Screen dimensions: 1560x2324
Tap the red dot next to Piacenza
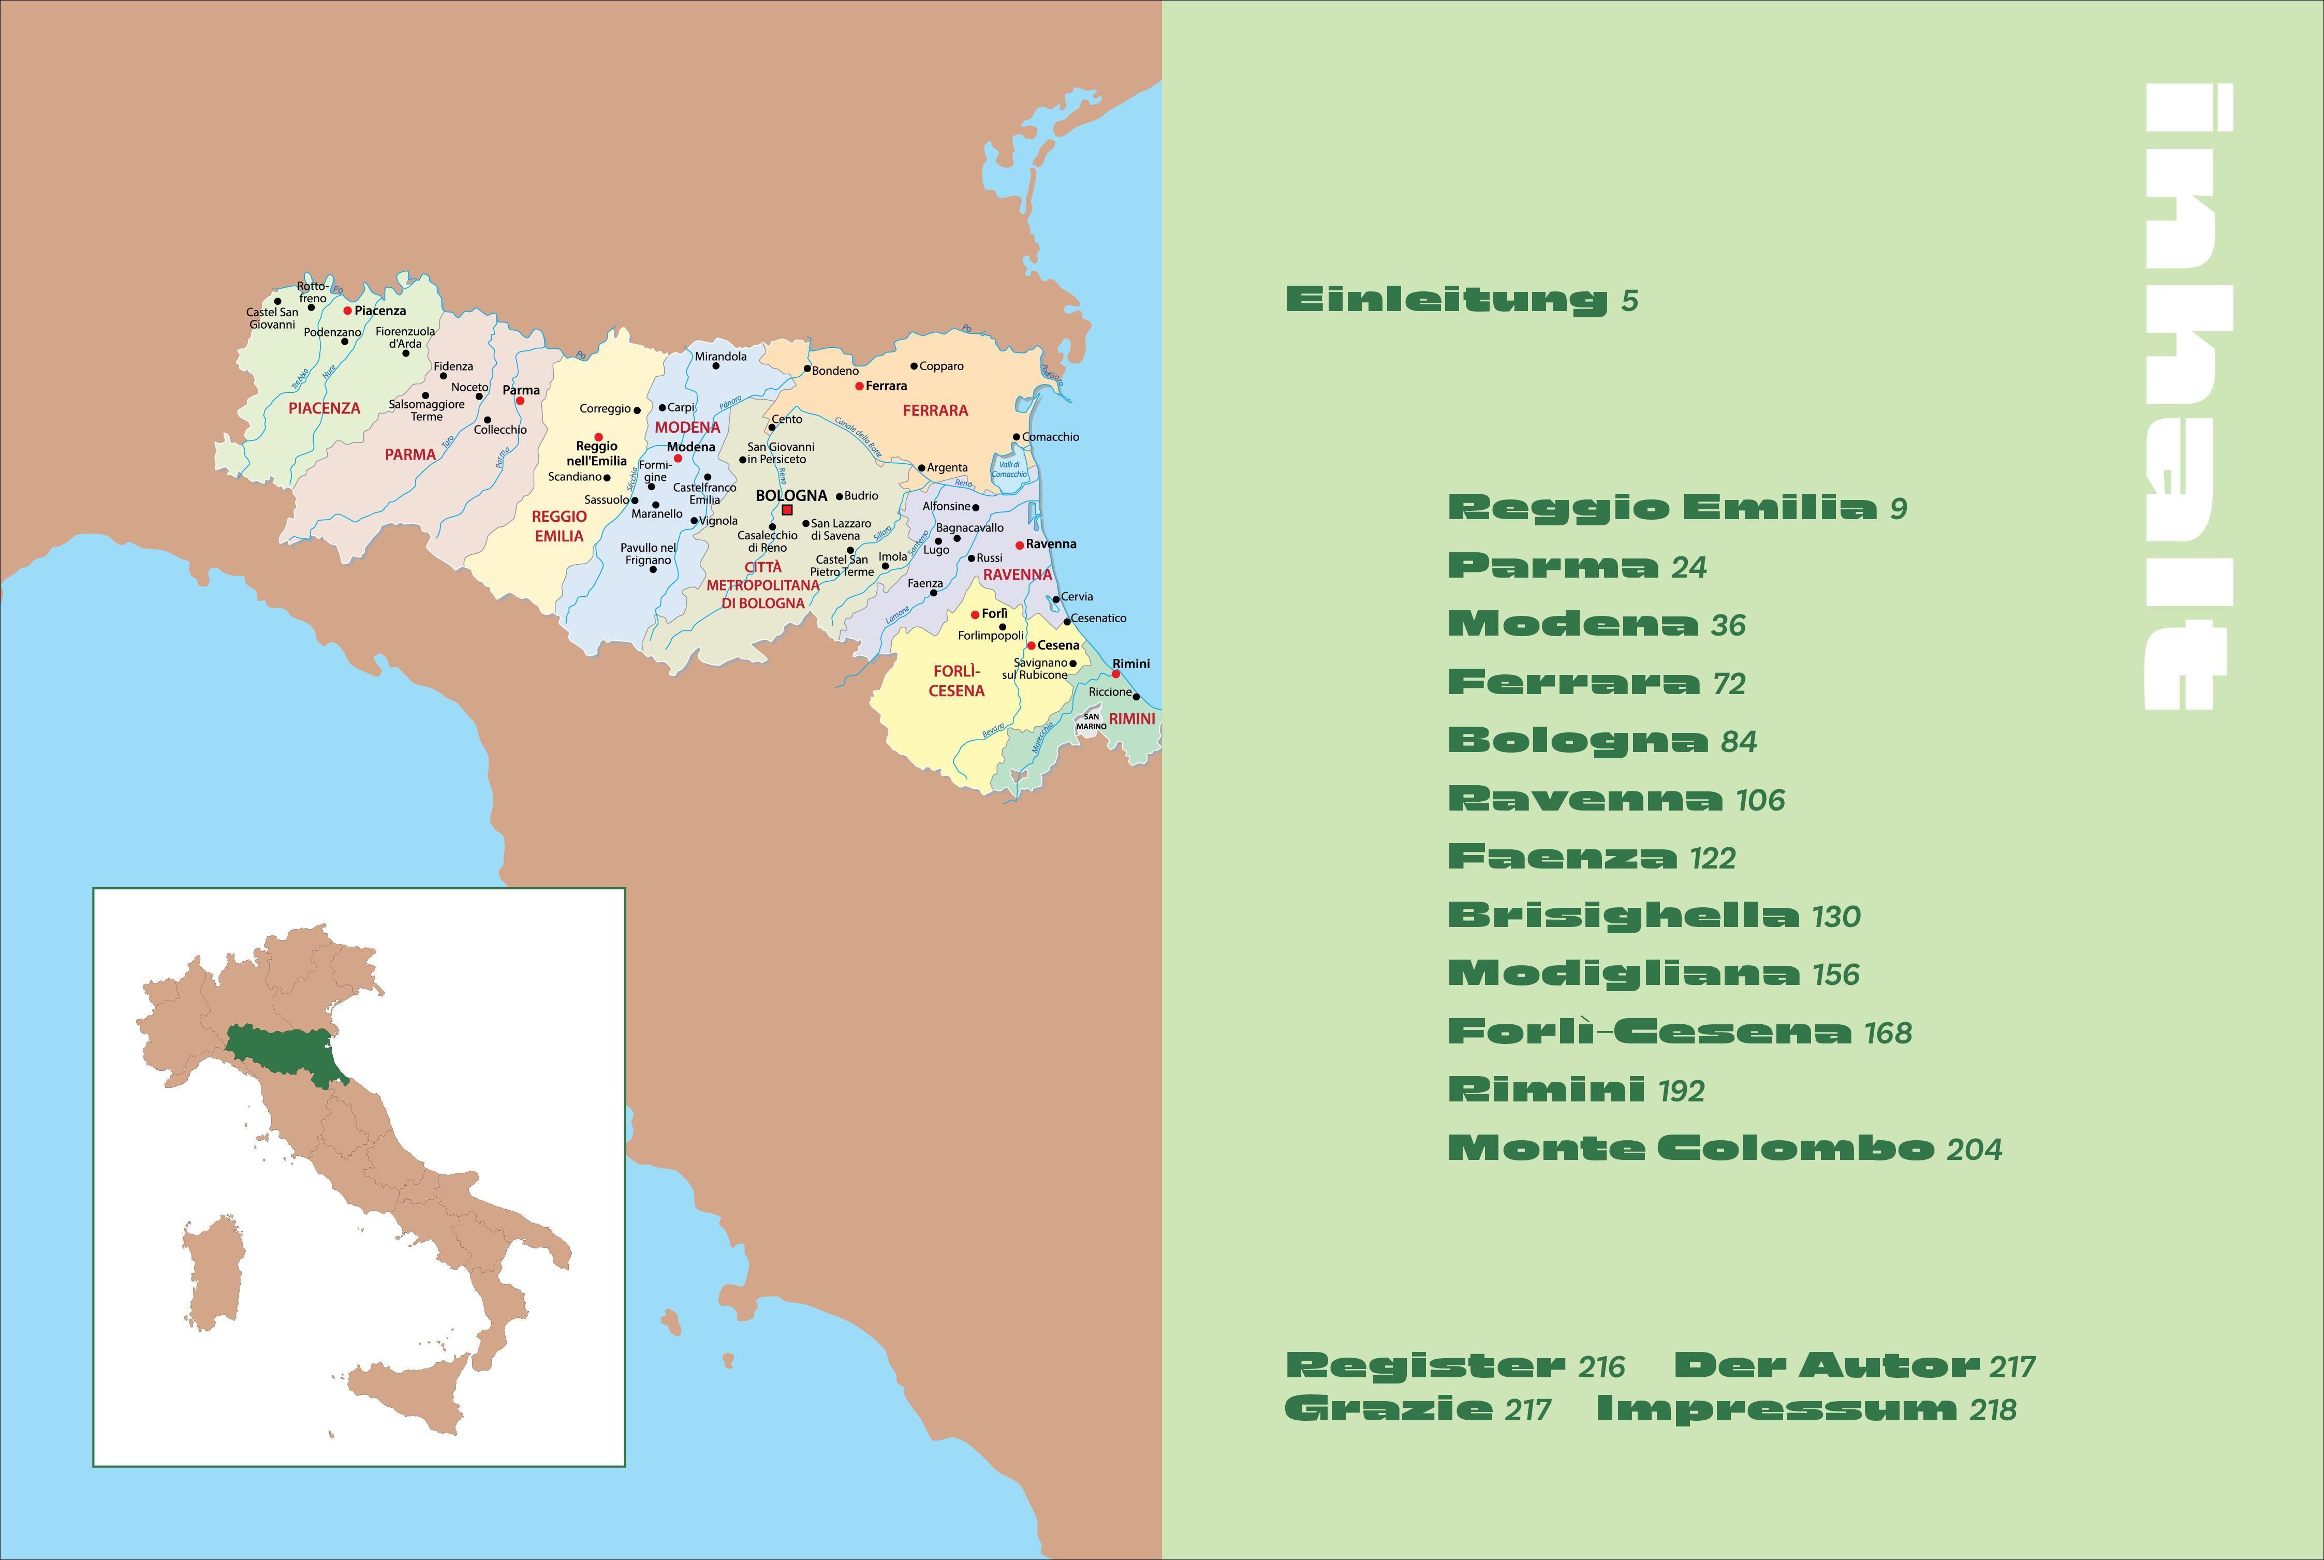coord(347,311)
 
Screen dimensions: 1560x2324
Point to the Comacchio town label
coord(1051,437)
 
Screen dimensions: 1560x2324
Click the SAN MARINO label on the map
coord(1092,722)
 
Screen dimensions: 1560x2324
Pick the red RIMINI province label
coord(1132,718)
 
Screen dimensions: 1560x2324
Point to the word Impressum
coord(1776,1410)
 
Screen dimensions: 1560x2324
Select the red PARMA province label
coord(410,454)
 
